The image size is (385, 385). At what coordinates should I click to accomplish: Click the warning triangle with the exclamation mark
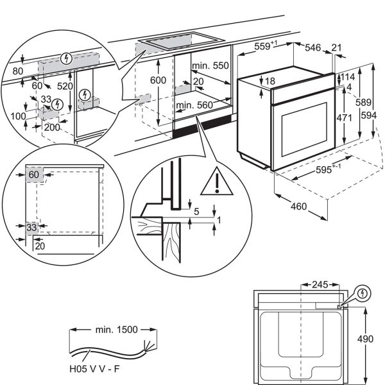[217, 182]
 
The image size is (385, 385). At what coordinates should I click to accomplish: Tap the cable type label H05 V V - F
[94, 369]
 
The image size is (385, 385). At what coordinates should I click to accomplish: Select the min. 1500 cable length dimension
[116, 330]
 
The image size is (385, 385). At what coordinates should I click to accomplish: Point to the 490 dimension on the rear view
[365, 339]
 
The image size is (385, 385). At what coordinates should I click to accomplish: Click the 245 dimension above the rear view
[320, 284]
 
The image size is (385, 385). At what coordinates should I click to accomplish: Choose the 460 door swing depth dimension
[299, 207]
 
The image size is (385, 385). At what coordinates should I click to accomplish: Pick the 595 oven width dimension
[323, 169]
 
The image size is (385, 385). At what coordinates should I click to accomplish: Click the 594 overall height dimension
[369, 116]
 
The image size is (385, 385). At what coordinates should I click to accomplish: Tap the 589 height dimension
[363, 102]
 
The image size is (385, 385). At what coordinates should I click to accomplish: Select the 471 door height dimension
[344, 118]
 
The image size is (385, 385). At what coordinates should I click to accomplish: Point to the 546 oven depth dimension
[313, 47]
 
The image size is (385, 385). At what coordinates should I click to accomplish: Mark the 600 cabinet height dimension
[158, 80]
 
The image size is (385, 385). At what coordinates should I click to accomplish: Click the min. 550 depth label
[210, 65]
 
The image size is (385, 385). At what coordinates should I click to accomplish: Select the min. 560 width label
[194, 105]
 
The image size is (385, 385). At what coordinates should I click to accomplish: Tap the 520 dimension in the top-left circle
[65, 86]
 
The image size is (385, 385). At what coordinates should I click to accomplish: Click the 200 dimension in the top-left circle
[52, 127]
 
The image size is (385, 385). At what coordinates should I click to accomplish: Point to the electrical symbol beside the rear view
[363, 293]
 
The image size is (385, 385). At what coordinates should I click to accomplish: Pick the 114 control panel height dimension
[347, 77]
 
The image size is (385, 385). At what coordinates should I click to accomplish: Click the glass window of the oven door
[304, 129]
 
